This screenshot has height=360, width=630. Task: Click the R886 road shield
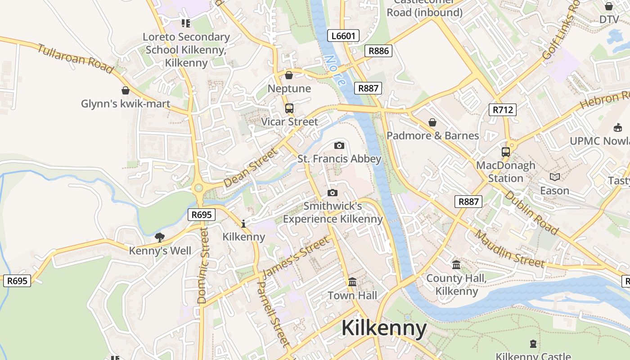378,51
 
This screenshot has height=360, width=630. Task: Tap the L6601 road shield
343,36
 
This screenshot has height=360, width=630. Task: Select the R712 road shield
502,109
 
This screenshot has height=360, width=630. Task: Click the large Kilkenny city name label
384,328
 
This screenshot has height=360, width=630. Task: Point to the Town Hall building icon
352,282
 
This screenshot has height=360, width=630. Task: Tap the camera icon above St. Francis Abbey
339,145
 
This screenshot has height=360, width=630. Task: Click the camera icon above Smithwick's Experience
333,193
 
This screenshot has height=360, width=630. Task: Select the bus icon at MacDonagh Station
506,152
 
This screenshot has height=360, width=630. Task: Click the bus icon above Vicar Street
289,108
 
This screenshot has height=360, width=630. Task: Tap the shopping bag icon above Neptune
289,75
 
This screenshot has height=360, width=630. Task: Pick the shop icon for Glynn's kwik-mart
126,91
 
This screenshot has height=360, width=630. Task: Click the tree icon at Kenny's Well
159,237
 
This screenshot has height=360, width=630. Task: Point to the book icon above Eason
555,177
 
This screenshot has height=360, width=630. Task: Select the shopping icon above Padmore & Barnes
432,122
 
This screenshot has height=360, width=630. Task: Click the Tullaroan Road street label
75,58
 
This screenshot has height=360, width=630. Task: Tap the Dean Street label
251,168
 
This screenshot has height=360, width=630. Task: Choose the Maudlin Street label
510,248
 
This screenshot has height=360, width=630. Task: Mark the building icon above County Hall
456,265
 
